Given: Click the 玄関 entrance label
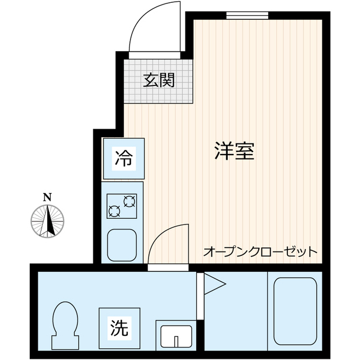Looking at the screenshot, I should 158,81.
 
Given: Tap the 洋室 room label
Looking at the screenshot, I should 235,151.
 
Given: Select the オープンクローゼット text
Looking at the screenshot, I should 260,251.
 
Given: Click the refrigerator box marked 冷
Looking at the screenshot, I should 123,158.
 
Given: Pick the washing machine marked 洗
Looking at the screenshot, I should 118,326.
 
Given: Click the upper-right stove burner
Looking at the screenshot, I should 129,201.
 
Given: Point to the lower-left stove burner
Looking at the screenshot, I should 114,212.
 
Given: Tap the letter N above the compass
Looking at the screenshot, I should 48,197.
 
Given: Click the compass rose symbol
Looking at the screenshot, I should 48,220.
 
